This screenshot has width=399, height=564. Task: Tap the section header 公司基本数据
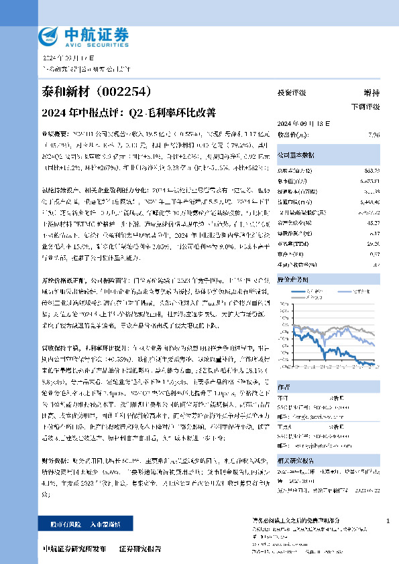coord(296,153)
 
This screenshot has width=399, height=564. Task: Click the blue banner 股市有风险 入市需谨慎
coord(78,524)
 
